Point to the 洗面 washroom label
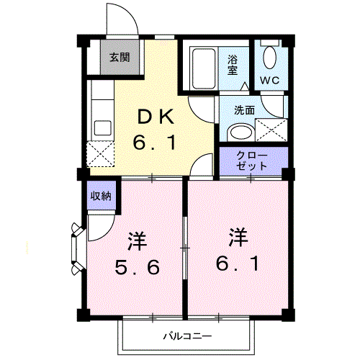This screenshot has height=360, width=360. (244, 110)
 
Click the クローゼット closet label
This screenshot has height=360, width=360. (252, 160)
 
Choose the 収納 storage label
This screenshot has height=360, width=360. (100, 196)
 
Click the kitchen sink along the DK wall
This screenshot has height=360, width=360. (101, 130)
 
